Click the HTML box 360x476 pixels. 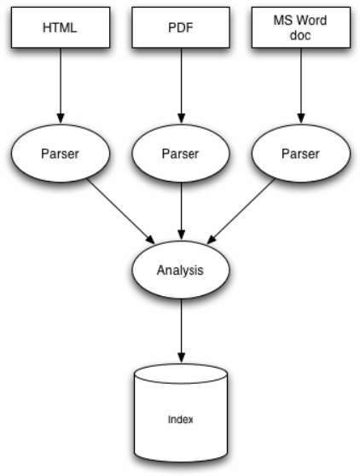point(61,27)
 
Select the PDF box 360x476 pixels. point(181,27)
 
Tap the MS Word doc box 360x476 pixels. point(301,27)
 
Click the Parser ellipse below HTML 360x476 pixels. point(61,154)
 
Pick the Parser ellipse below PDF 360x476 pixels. point(181,154)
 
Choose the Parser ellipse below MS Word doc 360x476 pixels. point(301,154)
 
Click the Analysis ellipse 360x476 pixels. point(181,270)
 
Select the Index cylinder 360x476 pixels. point(181,414)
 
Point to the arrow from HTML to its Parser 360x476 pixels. point(61,85)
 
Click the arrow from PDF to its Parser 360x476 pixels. point(181,85)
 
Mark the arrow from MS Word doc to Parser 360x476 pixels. point(301,85)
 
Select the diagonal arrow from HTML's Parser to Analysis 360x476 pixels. point(121,212)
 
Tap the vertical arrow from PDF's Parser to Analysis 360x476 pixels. point(181,211)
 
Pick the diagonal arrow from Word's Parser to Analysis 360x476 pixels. point(241,211)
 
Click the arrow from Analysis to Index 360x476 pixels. point(181,331)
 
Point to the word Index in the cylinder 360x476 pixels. point(181,420)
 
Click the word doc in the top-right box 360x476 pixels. point(300,35)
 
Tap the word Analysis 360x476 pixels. point(180,270)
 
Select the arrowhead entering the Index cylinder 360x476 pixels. point(181,357)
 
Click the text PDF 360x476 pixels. point(181,27)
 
